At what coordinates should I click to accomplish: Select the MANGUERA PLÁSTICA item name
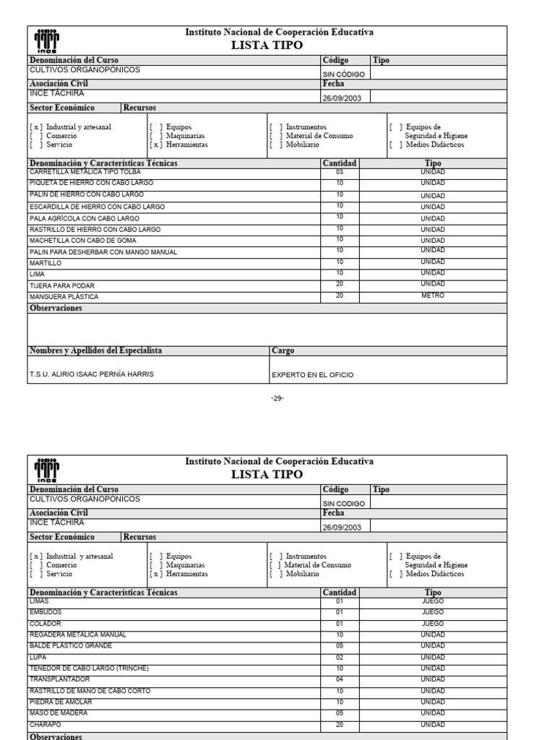[64, 297]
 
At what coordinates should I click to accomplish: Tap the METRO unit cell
[433, 296]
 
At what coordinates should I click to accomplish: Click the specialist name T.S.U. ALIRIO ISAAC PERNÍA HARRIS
[91, 374]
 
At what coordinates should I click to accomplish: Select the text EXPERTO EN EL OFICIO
[312, 375]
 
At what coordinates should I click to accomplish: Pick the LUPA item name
[37, 657]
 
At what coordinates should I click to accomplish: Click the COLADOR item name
[45, 623]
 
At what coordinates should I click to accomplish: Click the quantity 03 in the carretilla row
[340, 172]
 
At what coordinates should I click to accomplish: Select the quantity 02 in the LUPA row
[340, 657]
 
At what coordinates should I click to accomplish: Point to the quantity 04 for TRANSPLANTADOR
[340, 679]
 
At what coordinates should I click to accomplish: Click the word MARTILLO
[45, 263]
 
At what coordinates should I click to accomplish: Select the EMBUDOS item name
[46, 611]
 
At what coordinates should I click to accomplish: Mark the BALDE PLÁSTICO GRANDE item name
[71, 645]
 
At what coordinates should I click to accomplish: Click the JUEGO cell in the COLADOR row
[433, 623]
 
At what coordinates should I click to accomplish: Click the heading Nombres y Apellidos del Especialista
[95, 350]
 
